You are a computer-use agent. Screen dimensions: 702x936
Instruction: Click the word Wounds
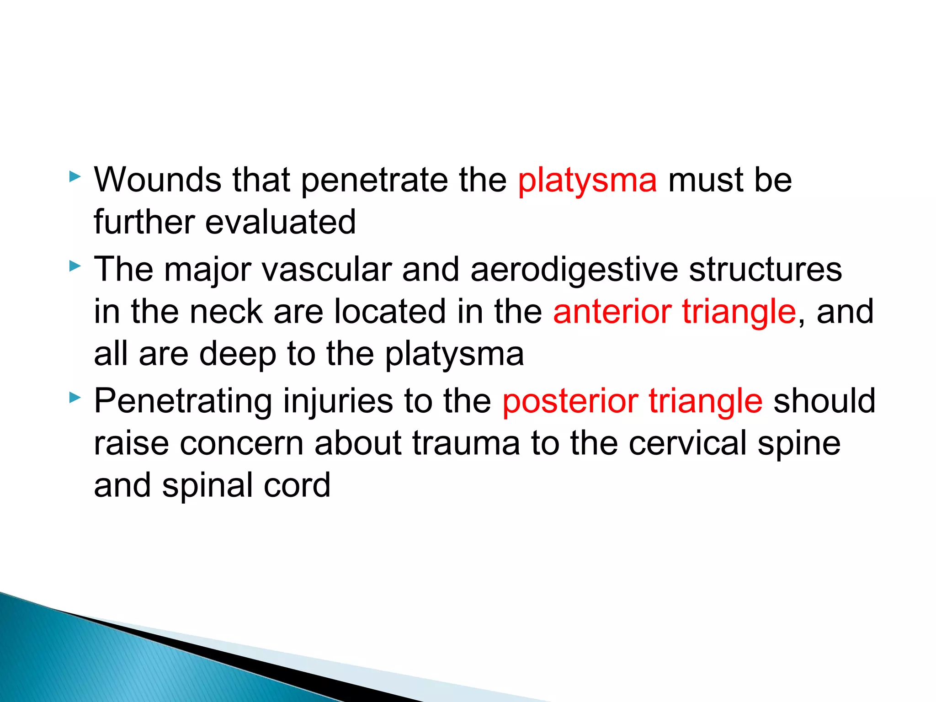157,180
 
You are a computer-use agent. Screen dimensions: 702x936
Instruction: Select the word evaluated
280,222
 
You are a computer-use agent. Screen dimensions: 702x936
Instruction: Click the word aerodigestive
574,269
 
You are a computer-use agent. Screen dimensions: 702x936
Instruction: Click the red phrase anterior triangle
675,311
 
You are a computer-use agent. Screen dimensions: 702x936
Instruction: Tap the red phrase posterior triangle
633,401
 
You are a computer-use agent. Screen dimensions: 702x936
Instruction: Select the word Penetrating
183,401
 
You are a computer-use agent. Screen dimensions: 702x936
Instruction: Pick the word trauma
466,443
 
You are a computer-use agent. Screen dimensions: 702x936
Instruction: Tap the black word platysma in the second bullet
454,354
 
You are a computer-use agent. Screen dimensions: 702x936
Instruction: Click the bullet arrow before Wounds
75,177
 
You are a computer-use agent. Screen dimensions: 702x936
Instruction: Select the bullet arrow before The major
75,266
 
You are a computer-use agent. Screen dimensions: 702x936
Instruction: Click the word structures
765,269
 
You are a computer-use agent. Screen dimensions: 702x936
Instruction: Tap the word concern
241,443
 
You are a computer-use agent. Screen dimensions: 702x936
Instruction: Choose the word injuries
338,401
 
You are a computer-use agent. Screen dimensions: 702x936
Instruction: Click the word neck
226,311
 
